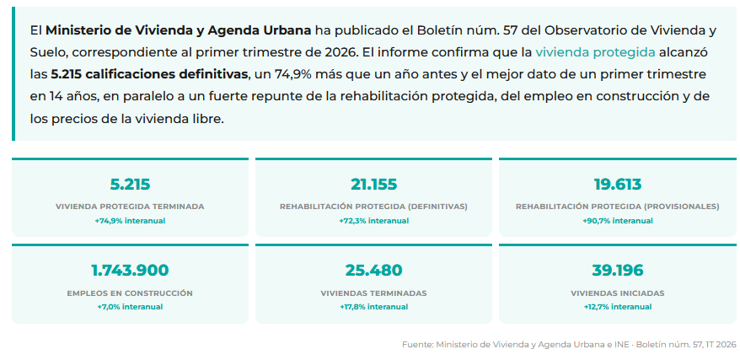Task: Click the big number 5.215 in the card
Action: click(130, 184)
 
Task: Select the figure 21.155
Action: click(373, 184)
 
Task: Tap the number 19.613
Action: click(617, 184)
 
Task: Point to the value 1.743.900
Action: click(130, 271)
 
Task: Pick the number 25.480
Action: click(373, 271)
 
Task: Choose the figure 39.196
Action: click(617, 271)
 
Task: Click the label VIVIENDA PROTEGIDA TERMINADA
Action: click(130, 207)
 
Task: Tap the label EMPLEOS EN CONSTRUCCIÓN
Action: click(130, 293)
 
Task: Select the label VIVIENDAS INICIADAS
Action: click(617, 293)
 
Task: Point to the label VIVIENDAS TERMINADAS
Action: click(373, 293)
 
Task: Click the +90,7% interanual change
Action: click(617, 221)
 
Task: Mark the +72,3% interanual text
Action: click(373, 221)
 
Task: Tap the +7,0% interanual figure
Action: click(130, 307)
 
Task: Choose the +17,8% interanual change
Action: click(373, 307)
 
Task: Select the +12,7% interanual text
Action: click(617, 307)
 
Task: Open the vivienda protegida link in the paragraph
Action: click(595, 52)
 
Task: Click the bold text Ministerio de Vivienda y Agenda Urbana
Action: click(179, 30)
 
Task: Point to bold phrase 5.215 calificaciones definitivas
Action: click(150, 74)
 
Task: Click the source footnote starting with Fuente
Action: click(569, 345)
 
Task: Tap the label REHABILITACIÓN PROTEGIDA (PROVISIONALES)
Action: click(617, 207)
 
